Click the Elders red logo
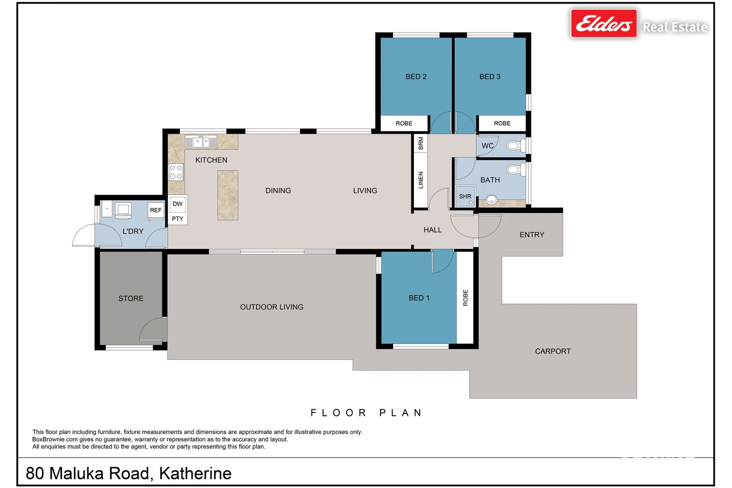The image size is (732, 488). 604,23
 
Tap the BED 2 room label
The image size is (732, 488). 416,76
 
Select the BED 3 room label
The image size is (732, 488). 490,76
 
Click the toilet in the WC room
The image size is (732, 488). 516,145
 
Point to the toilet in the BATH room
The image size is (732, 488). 516,169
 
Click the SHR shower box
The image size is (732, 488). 465,196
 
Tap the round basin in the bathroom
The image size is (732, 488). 491,199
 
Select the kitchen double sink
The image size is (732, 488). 201,142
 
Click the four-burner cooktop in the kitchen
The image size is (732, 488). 176,172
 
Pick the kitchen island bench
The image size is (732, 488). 228,195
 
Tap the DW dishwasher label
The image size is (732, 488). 178,204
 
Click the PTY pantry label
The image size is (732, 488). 178,219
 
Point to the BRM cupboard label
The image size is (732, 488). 421,143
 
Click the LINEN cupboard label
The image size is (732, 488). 421,180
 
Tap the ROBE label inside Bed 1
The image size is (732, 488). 465,298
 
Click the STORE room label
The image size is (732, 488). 131,298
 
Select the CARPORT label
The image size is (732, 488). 553,352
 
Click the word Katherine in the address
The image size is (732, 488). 195,473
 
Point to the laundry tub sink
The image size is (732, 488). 107,209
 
